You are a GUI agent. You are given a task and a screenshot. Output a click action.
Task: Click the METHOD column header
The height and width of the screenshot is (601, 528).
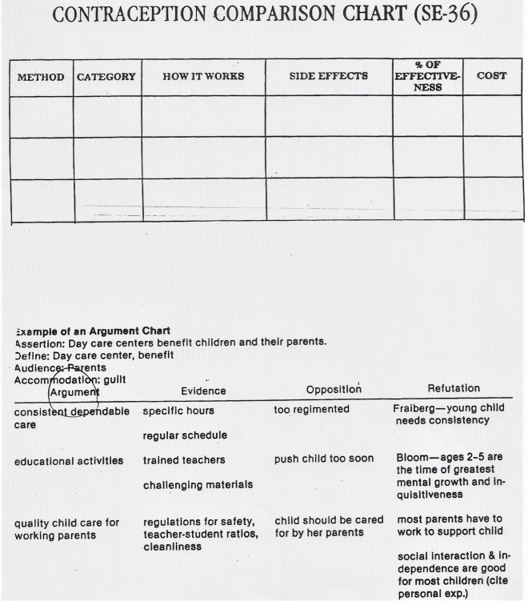[x=41, y=77]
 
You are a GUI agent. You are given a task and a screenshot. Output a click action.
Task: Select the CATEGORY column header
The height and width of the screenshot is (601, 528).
[x=106, y=77]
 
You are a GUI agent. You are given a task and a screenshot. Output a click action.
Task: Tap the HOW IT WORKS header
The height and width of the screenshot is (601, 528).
[x=203, y=77]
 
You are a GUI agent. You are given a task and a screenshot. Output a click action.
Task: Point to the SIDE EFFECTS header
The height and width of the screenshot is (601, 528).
[x=329, y=76]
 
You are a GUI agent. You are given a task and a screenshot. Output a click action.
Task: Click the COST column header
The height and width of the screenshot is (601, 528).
[x=491, y=76]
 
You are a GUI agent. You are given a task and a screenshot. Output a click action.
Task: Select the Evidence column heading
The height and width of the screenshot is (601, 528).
[x=203, y=391]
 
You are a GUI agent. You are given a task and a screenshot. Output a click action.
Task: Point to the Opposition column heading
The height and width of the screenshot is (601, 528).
[x=334, y=389]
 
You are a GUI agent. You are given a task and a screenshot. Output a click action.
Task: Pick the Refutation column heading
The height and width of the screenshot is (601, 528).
[x=454, y=388]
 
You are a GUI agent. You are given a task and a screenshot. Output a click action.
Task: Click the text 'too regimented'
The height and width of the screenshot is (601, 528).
[x=311, y=409]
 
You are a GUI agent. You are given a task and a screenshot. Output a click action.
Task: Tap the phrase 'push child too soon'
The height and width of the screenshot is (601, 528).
[x=323, y=459]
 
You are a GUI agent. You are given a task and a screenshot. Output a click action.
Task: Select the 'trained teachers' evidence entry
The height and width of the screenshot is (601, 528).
[x=184, y=460]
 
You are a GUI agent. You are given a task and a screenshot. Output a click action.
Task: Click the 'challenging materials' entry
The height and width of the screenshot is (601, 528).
[x=198, y=484]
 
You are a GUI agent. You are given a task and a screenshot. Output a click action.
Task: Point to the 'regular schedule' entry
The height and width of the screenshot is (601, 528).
[x=185, y=435]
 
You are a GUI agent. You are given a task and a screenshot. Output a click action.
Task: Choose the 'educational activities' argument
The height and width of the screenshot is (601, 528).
[x=69, y=460]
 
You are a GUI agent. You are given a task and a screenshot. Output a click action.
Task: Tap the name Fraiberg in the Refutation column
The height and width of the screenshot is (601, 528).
[x=414, y=408]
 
